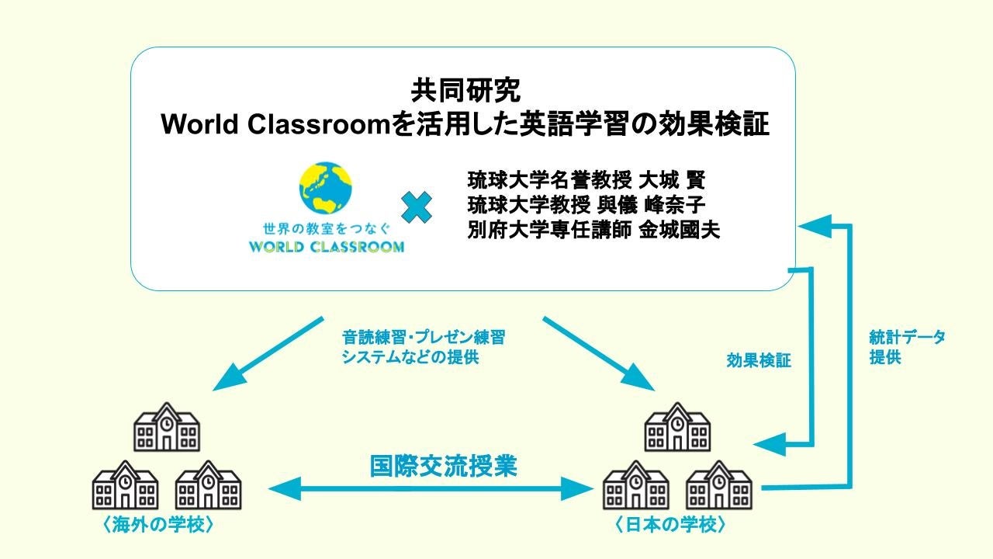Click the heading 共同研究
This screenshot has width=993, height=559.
tap(465, 89)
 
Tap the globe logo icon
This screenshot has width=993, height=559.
tap(326, 189)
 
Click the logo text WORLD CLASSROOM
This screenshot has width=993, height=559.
tap(326, 248)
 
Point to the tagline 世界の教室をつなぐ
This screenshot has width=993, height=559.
tap(326, 229)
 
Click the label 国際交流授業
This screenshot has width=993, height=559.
tap(443, 466)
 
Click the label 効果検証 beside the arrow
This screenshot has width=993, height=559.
tap(759, 360)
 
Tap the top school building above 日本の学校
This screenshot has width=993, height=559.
tap(677, 427)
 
